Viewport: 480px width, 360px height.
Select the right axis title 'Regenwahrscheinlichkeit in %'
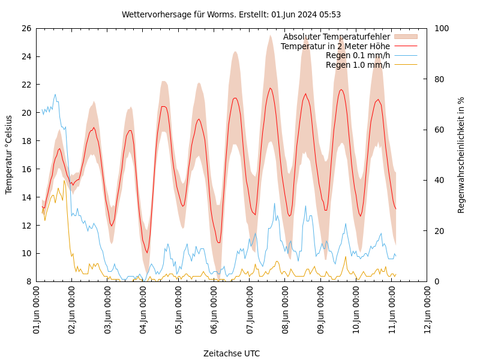[x=461, y=155]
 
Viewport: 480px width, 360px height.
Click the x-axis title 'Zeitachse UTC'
[x=232, y=353]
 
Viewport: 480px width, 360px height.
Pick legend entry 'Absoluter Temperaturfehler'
[x=336, y=37]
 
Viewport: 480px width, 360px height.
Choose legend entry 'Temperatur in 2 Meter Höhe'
[x=335, y=46]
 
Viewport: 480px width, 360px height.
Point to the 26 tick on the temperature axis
[x=26, y=28]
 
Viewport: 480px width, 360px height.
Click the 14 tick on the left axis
[x=26, y=197]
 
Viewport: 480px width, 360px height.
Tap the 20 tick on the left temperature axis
[x=26, y=113]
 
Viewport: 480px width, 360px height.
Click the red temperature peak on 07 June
[x=271, y=88]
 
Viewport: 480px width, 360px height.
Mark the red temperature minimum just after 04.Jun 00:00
[x=146, y=253]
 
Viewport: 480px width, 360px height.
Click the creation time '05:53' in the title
[x=331, y=14]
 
